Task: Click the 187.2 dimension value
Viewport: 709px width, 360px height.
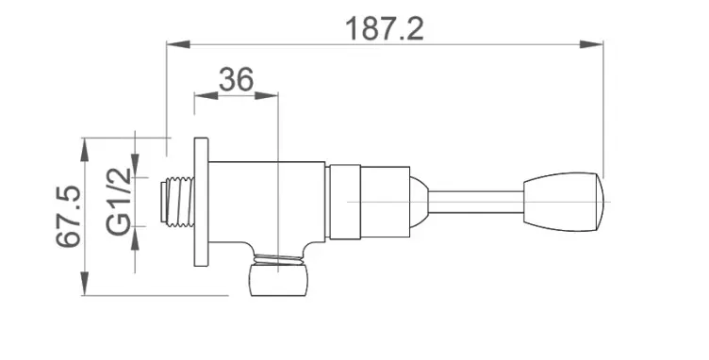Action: (385, 29)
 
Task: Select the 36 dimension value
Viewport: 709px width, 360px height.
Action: (236, 79)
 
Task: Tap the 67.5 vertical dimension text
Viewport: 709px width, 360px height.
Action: (69, 217)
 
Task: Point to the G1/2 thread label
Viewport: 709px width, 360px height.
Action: (119, 202)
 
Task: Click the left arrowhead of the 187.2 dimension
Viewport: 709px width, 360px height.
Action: (178, 44)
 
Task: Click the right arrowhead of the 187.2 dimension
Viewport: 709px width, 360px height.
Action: (591, 44)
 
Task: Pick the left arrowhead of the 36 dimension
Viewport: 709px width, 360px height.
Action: (206, 96)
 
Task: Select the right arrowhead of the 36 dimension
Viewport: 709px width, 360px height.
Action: (266, 96)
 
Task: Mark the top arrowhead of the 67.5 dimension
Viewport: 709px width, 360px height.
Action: (85, 150)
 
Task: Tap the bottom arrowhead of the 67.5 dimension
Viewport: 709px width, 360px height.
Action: (85, 284)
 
